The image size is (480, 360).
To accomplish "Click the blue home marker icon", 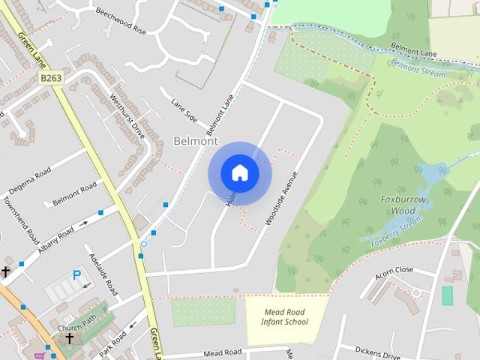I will tap(240, 172).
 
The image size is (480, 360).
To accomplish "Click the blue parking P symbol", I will tap(76, 275).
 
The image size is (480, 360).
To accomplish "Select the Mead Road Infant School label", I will tap(286, 316).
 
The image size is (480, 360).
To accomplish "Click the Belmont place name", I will tap(195, 140).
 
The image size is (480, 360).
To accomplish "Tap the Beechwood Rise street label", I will tap(121, 22).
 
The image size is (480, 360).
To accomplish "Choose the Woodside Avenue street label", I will tap(281, 198).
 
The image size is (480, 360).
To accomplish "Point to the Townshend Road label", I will tap(20, 217).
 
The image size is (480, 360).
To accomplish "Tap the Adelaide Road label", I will tap(103, 273).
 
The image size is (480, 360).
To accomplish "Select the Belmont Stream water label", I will tap(418, 71).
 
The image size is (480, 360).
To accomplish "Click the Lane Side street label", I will tap(184, 110).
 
